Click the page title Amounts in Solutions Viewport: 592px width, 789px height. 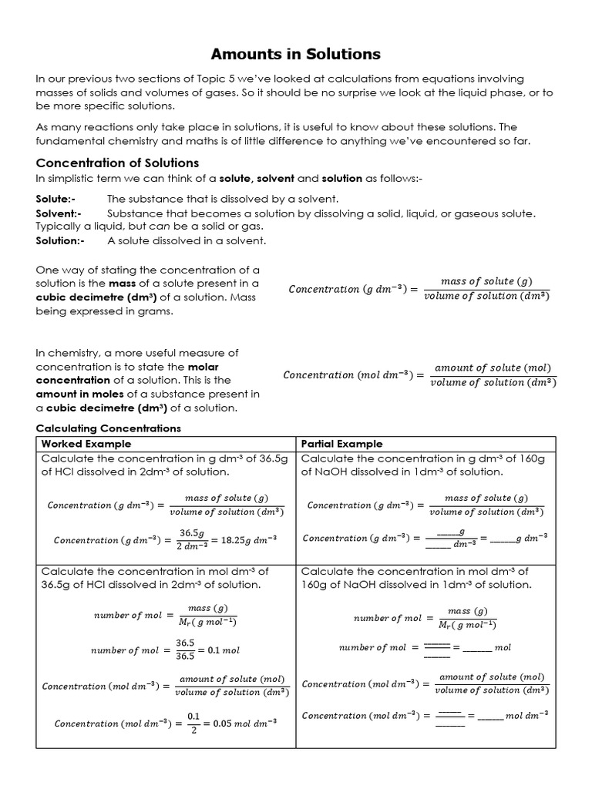click(296, 54)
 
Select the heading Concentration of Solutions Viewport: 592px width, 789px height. click(117, 163)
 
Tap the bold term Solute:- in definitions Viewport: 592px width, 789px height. click(55, 199)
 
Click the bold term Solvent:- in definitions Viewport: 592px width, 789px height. click(59, 213)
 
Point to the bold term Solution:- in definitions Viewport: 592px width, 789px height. click(60, 240)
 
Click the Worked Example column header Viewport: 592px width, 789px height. click(86, 444)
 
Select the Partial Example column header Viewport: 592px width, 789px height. click(341, 444)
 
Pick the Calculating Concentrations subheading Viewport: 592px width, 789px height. click(108, 428)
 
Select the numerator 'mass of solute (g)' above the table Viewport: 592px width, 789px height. click(486, 281)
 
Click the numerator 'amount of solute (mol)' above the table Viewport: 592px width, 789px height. click(493, 368)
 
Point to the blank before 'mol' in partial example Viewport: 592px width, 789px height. click(476, 648)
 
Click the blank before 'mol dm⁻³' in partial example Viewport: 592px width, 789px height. click(490, 717)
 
